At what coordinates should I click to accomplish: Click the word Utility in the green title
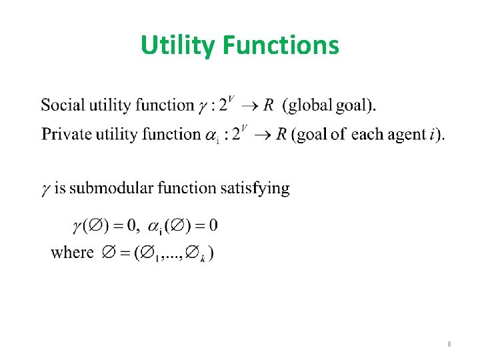pyautogui.click(x=178, y=45)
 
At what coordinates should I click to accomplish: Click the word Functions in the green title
pyautogui.click(x=281, y=45)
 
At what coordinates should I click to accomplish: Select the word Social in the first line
pyautogui.click(x=63, y=105)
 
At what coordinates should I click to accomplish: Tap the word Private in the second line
pyautogui.click(x=65, y=134)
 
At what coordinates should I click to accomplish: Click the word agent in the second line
pyautogui.click(x=405, y=134)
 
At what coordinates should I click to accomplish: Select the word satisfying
pyautogui.click(x=255, y=189)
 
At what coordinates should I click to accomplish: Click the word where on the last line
pyautogui.click(x=72, y=253)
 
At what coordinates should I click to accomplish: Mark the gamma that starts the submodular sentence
pyautogui.click(x=46, y=189)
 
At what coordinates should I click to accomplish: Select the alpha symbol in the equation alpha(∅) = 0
pyautogui.click(x=151, y=226)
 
